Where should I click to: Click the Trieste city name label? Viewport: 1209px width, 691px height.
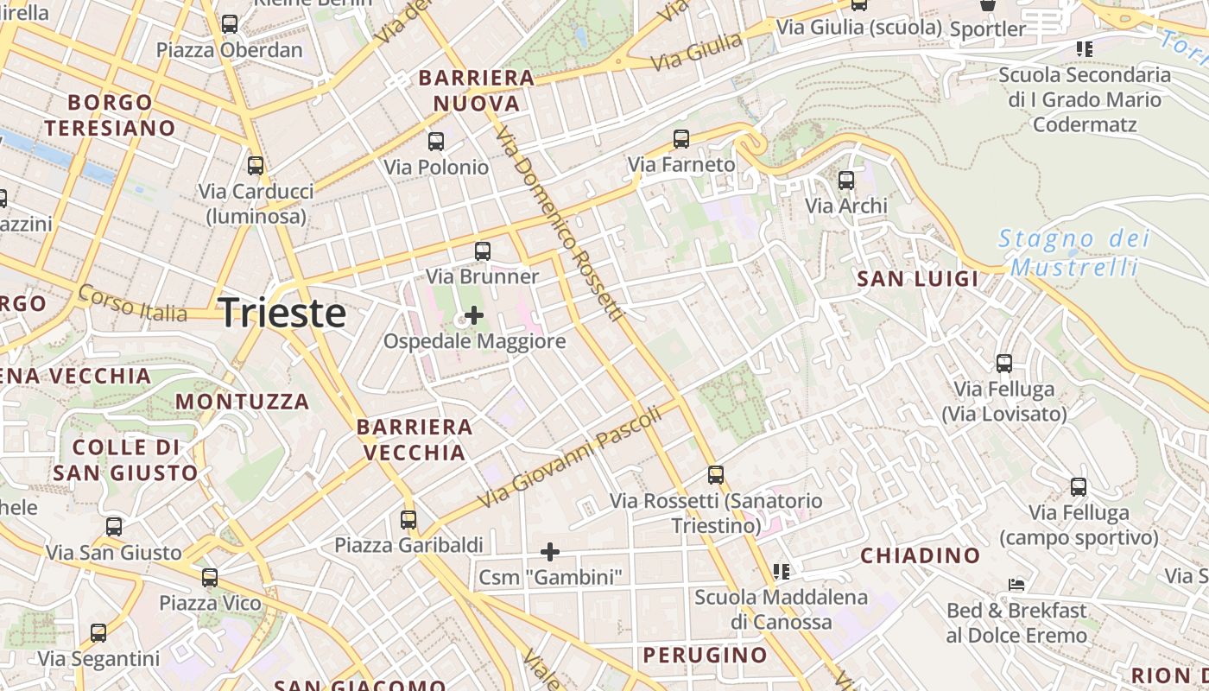click(283, 312)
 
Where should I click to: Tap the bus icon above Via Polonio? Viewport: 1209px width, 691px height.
click(436, 141)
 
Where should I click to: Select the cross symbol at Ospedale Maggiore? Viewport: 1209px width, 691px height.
click(473, 315)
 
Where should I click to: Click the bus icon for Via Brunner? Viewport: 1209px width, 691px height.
click(483, 251)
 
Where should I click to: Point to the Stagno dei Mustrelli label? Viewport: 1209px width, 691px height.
click(1074, 252)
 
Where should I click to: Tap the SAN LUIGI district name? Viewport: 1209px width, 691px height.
click(917, 278)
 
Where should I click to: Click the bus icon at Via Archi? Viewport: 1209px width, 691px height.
click(846, 181)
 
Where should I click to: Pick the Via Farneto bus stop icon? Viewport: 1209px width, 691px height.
click(681, 138)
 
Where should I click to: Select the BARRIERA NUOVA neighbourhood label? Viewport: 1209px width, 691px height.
click(477, 91)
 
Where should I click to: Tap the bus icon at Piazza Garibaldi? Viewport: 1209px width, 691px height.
click(408, 520)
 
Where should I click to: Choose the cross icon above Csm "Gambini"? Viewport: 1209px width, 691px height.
click(550, 551)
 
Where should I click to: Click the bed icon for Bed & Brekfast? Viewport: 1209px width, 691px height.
click(1016, 585)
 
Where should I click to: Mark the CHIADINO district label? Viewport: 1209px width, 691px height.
click(921, 555)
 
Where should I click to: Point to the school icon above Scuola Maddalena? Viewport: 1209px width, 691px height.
click(782, 571)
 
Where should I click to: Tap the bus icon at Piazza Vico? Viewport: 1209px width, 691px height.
click(210, 578)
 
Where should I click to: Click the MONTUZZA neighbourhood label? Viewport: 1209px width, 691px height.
click(242, 402)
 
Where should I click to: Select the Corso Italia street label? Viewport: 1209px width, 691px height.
click(132, 302)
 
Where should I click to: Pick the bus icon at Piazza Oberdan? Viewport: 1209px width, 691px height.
click(230, 24)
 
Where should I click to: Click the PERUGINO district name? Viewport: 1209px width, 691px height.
click(705, 655)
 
